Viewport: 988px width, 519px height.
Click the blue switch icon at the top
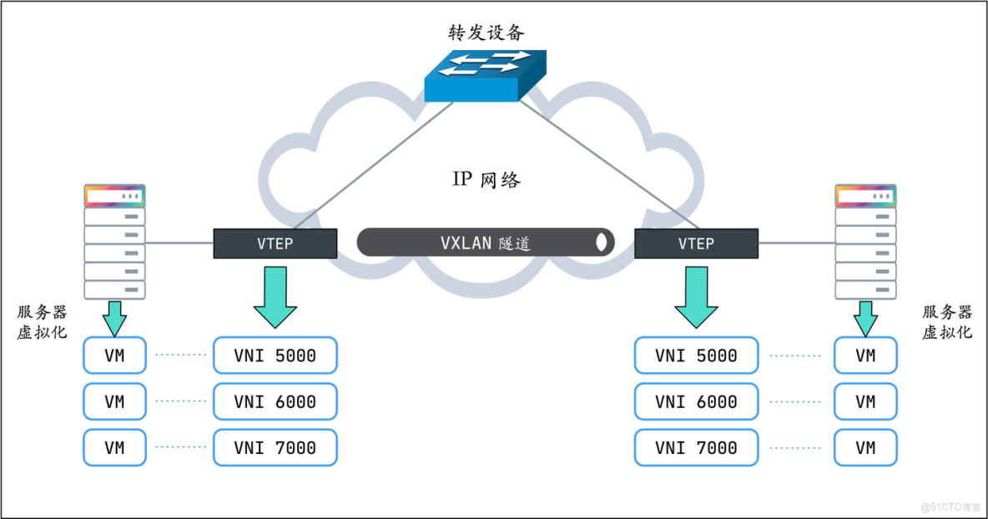(x=485, y=75)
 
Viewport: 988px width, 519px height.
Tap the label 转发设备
(x=486, y=33)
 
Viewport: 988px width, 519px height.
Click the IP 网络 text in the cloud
(x=486, y=179)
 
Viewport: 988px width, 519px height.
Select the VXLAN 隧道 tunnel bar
(x=486, y=243)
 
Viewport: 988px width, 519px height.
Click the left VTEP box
(x=275, y=244)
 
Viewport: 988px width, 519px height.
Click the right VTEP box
(x=696, y=244)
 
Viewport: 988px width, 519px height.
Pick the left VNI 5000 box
(x=275, y=355)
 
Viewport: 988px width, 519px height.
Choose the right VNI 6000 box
(x=696, y=401)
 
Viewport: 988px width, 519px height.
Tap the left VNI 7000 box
(x=275, y=447)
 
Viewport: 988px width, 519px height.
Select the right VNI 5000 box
(x=696, y=355)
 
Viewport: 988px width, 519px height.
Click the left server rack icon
(x=114, y=242)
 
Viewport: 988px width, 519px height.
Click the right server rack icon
(x=865, y=242)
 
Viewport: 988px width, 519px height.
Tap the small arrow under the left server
(x=114, y=318)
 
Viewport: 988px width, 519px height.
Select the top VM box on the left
(x=114, y=355)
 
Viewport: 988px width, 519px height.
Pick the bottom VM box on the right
(x=865, y=447)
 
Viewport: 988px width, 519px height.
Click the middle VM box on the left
(x=114, y=401)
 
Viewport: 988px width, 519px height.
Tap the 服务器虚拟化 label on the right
(x=947, y=321)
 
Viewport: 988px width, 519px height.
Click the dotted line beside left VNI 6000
(x=180, y=401)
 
